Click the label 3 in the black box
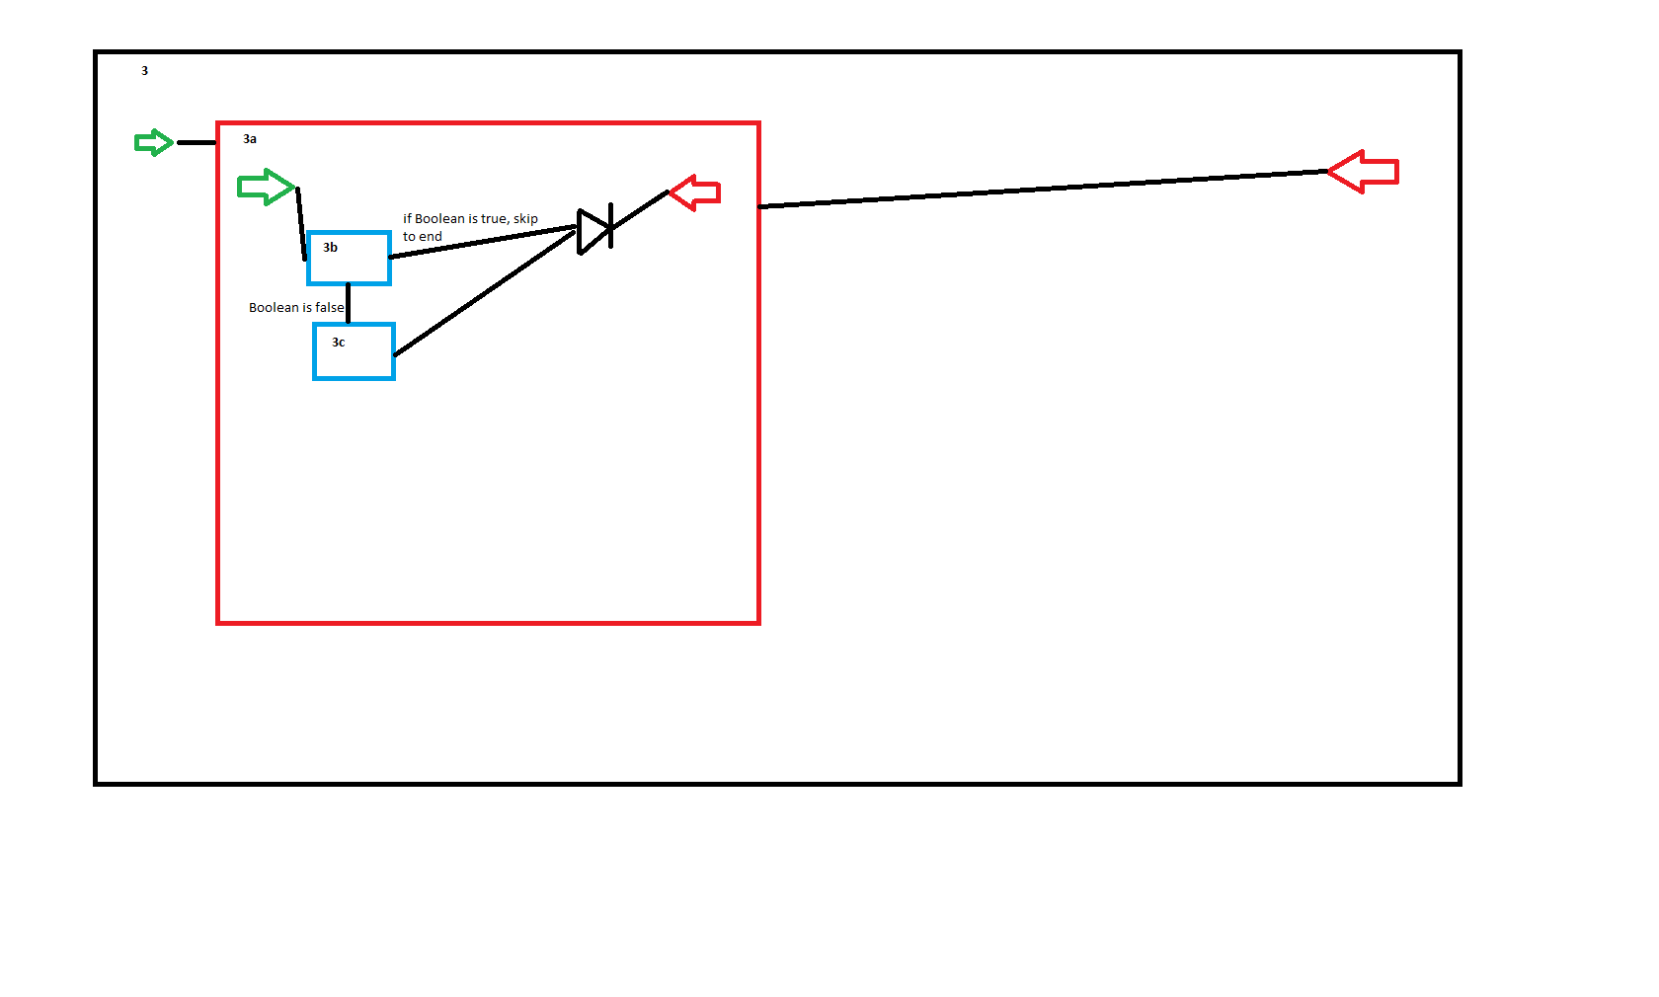pos(144,71)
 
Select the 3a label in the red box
pos(250,139)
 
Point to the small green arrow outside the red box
pos(153,142)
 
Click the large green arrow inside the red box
pos(266,187)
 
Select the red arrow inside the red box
pos(695,193)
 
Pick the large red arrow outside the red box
pos(1363,172)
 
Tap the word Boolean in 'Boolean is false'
pos(274,307)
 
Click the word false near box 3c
pos(329,307)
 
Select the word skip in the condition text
pos(525,219)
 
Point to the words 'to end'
pos(423,237)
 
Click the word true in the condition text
pos(495,219)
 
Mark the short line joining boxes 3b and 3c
pos(348,303)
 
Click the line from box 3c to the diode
pos(484,294)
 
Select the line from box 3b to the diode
pos(483,241)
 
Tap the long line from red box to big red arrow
pos(1043,189)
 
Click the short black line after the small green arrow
pos(197,142)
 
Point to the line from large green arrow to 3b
pos(301,223)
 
